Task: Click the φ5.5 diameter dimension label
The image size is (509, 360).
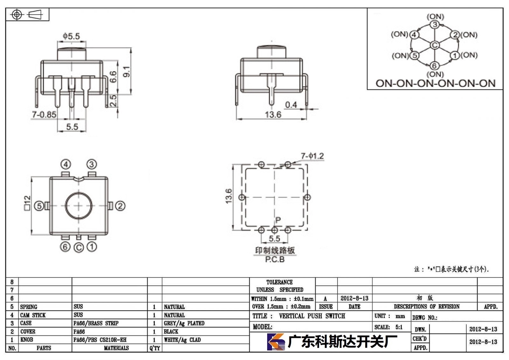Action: point(71,36)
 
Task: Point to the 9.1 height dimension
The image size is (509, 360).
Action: point(127,71)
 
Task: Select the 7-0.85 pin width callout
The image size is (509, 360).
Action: point(44,114)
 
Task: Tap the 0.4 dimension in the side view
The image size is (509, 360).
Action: point(291,105)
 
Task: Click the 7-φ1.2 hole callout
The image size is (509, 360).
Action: point(312,156)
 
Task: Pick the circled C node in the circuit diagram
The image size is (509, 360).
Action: point(435,45)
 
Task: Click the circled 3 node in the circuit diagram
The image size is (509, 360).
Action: point(435,25)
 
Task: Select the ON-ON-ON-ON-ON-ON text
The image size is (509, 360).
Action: point(436,83)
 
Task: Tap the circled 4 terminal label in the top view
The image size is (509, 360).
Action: point(66,164)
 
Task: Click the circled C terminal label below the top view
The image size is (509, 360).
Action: point(79,248)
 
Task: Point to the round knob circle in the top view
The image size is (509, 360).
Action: point(79,192)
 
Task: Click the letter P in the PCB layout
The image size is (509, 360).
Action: point(278,220)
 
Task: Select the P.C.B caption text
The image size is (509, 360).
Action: point(275,259)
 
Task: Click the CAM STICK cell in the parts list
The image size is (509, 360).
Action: point(33,315)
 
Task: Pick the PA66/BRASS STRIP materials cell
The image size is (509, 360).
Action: point(96,323)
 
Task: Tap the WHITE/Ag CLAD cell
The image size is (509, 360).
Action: point(182,340)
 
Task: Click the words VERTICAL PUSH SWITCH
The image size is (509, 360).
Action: point(312,316)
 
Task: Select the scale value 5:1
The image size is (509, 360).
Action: point(399,327)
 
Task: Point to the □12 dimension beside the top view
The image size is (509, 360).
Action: point(27,203)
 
